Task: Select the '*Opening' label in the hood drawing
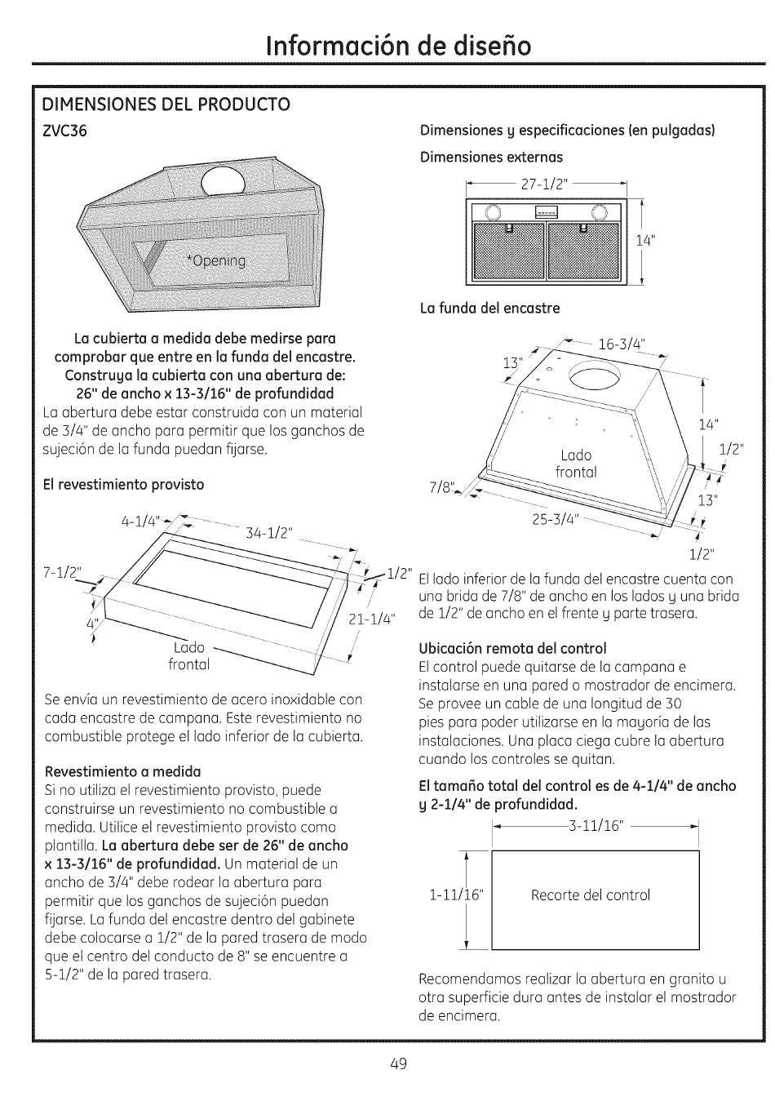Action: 216,260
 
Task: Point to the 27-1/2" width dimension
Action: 546,184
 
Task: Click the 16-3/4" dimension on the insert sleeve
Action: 621,344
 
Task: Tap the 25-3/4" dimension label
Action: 554,519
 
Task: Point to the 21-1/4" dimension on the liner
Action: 371,618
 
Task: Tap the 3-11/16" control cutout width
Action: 596,826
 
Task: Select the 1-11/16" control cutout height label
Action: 456,895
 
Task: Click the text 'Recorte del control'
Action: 591,895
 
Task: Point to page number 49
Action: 397,1063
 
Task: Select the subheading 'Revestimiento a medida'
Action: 122,771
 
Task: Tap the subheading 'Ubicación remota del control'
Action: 512,648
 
